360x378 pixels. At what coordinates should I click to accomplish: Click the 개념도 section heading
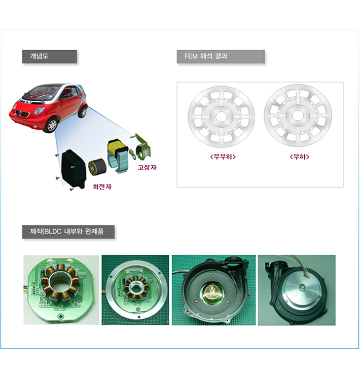39,56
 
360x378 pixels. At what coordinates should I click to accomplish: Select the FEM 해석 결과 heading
206,56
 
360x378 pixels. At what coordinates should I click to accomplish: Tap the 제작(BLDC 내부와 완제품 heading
66,232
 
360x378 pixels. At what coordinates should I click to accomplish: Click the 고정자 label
147,167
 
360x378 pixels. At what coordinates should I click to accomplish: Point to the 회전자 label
102,186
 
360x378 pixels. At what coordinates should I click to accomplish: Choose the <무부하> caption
223,157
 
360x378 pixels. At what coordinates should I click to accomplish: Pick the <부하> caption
299,157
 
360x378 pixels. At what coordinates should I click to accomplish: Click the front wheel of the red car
51,125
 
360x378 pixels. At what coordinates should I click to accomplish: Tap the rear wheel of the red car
83,111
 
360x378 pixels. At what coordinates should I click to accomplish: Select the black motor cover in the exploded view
73,169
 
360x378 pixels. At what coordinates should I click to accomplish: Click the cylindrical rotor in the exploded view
97,167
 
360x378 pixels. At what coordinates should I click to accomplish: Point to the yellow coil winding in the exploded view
116,147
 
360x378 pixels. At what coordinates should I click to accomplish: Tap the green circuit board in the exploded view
143,146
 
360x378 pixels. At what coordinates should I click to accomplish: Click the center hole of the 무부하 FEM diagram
221,117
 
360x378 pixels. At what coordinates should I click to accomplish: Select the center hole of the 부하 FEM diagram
297,115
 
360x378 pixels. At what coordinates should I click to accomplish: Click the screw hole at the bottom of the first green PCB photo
60,316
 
